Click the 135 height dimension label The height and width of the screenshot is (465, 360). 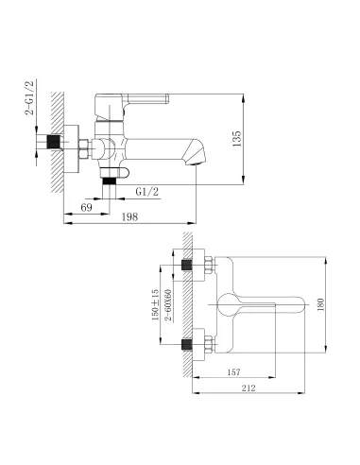236,139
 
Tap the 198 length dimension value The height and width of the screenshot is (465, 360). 129,216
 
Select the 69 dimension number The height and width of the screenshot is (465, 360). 86,207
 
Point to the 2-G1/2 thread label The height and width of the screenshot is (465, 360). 29,97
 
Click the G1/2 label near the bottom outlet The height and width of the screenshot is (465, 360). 147,192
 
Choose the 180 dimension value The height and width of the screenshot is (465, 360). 320,304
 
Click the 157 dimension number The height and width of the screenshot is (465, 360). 233,372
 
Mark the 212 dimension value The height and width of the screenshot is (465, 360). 249,387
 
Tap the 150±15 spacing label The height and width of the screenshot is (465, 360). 156,304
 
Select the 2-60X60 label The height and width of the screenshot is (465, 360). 169,305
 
